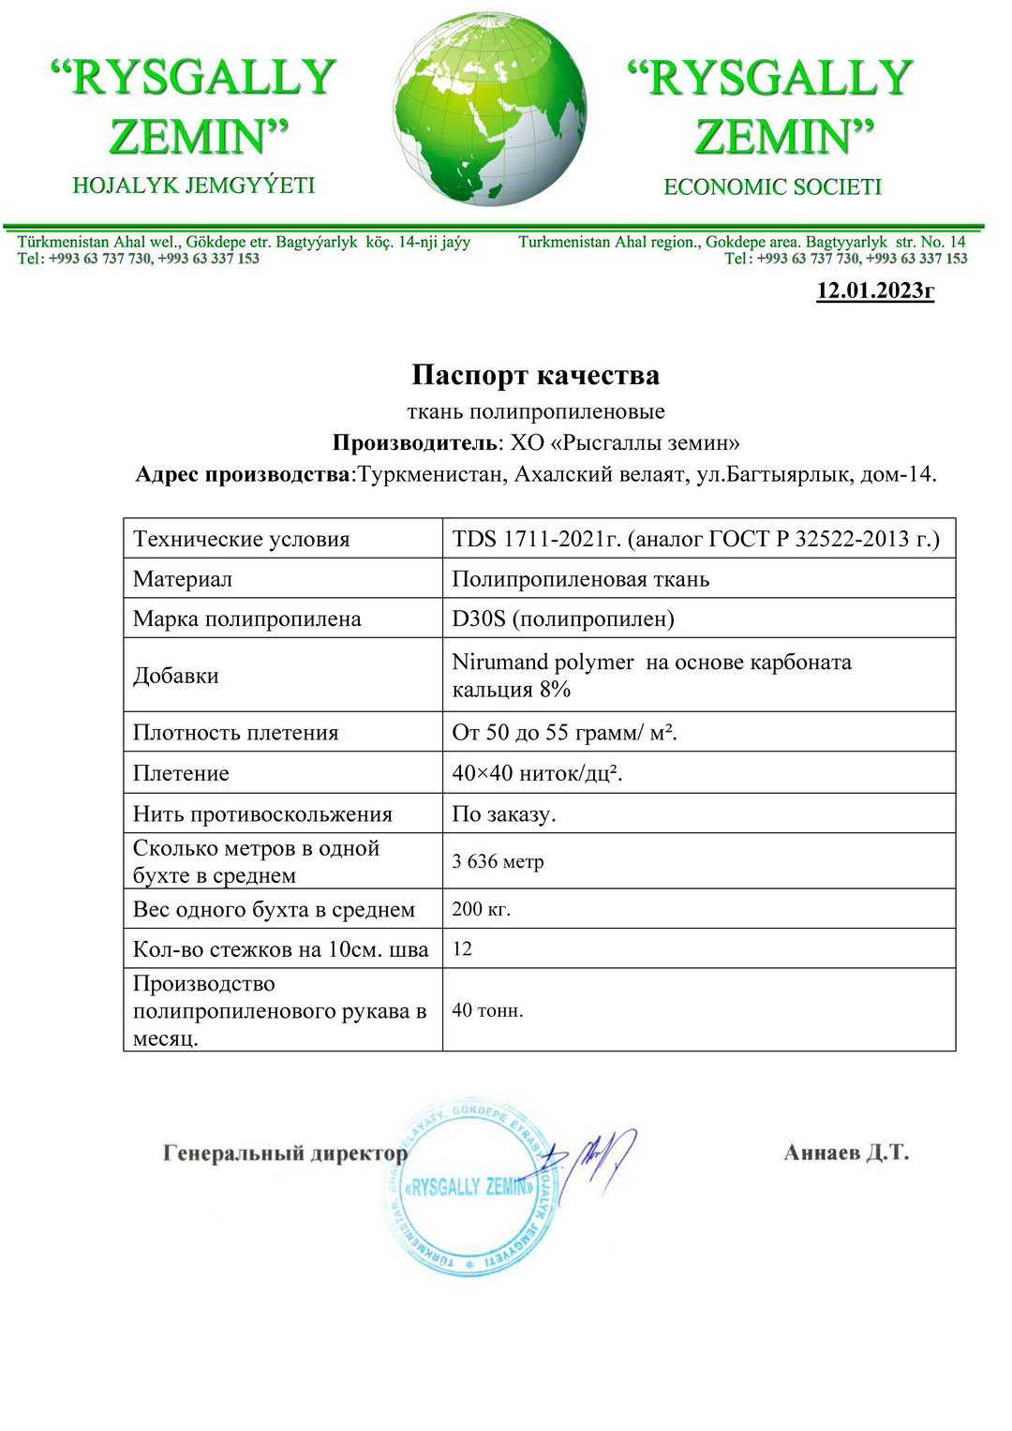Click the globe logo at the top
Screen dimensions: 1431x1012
point(490,110)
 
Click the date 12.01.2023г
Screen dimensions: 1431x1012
point(875,291)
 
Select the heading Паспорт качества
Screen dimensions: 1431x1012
point(535,375)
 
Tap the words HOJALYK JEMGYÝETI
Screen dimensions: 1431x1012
point(194,186)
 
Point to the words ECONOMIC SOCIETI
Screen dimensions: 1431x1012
point(772,186)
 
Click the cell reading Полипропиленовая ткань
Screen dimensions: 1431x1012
point(580,579)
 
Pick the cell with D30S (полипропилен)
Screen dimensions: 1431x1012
point(563,619)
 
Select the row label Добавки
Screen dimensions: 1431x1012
point(176,676)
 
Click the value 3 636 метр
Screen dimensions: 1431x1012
point(498,861)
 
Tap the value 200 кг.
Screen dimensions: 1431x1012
point(482,909)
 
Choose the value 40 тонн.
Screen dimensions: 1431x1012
point(487,1010)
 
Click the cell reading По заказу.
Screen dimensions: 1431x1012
point(504,813)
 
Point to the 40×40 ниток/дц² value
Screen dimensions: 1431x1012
point(537,773)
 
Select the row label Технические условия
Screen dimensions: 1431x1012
point(241,539)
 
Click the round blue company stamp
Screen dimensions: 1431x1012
point(469,1187)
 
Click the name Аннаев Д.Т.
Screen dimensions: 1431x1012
point(846,1152)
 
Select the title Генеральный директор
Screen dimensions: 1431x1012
point(285,1153)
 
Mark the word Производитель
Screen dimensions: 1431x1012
point(413,442)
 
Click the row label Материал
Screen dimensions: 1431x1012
point(183,579)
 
